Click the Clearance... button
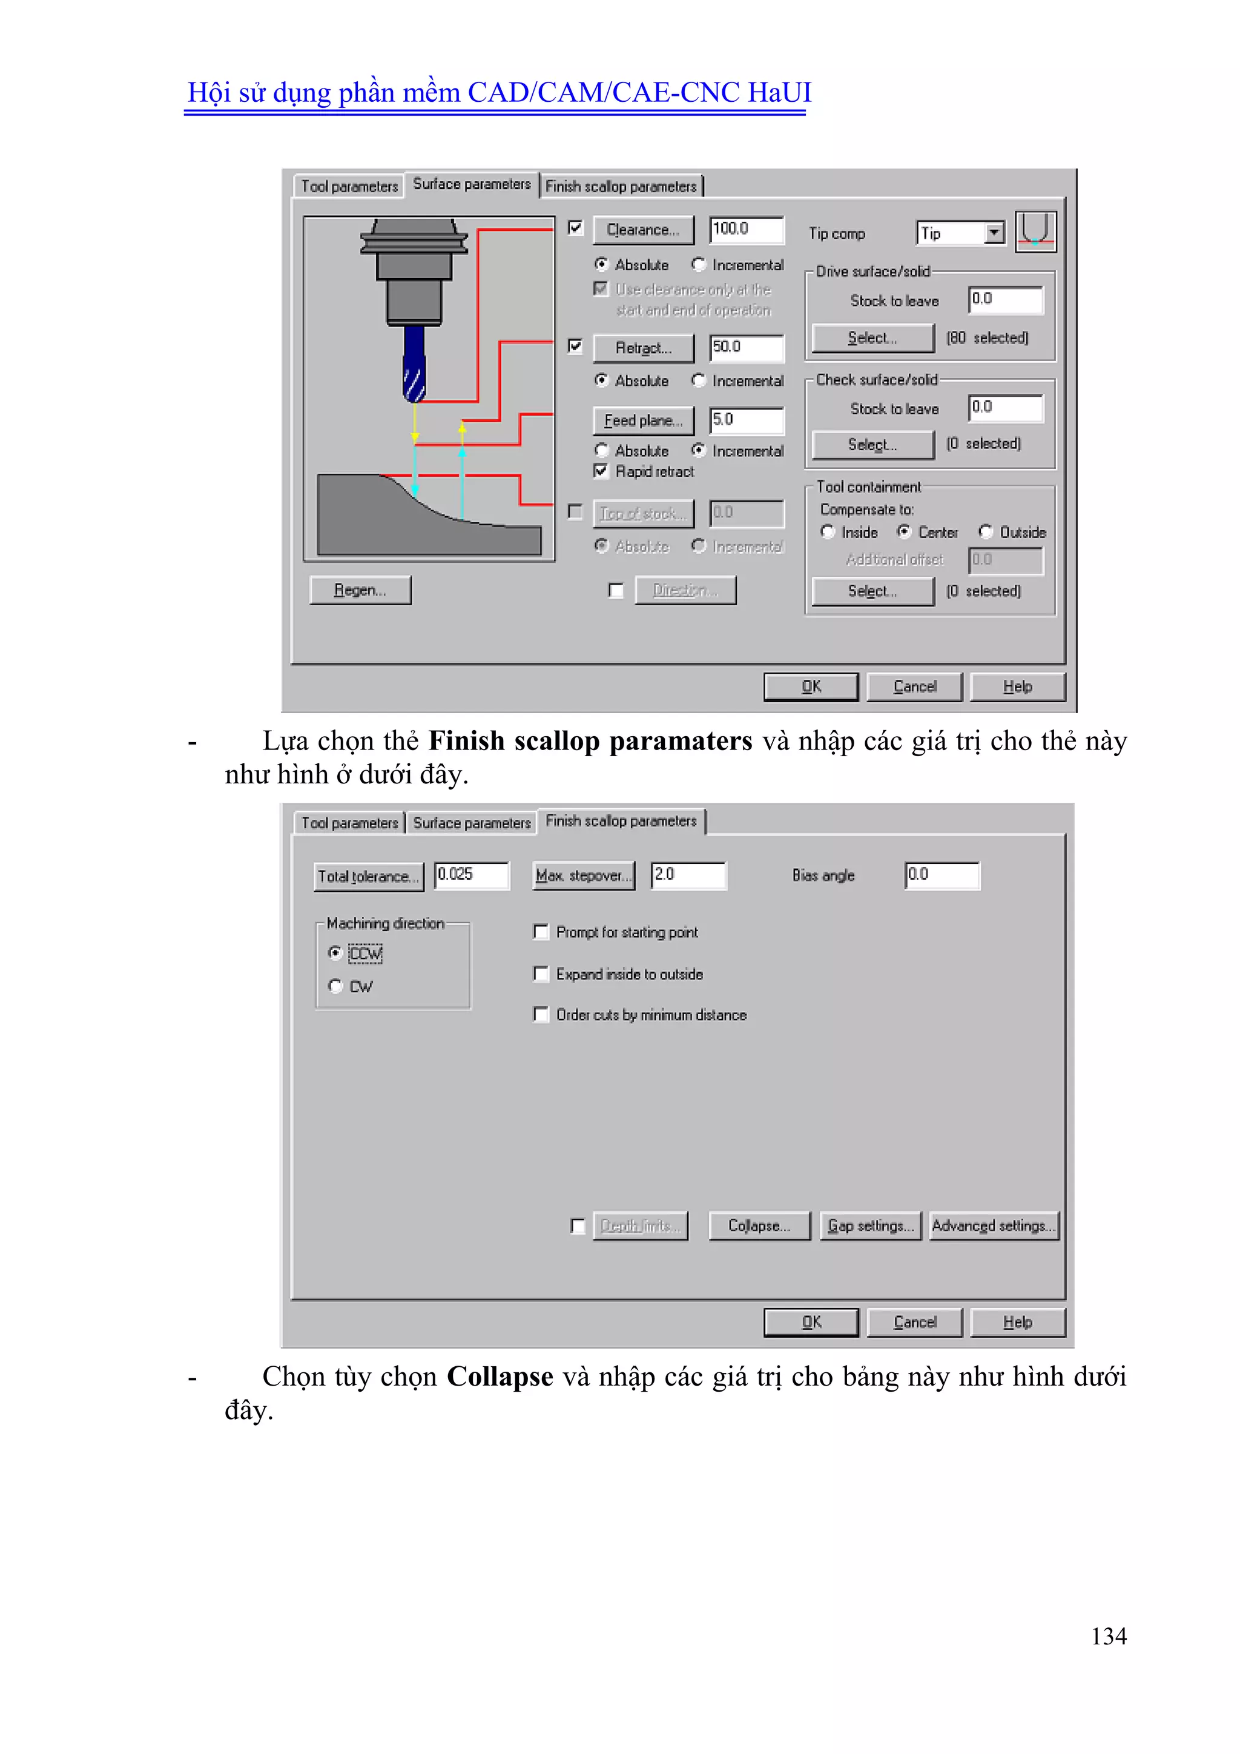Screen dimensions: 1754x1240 (x=643, y=230)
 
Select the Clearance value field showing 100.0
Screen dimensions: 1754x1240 (x=746, y=229)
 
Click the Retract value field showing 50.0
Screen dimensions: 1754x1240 (x=746, y=348)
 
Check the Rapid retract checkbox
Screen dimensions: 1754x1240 (x=601, y=471)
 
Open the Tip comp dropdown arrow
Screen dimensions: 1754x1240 (x=994, y=233)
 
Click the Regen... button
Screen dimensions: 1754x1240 (x=360, y=591)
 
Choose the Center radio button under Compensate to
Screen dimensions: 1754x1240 (x=904, y=532)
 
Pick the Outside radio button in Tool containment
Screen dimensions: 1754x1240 (x=986, y=532)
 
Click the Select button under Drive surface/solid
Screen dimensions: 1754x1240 (x=872, y=337)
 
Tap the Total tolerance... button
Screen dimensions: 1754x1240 (x=368, y=876)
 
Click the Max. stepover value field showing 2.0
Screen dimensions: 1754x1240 (x=688, y=875)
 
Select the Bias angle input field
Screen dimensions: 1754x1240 (x=942, y=875)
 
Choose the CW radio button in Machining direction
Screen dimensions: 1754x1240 (x=335, y=986)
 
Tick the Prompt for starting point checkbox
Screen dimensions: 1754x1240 (x=541, y=932)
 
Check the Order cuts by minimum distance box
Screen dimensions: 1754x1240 (x=541, y=1014)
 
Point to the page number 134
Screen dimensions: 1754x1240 (x=1108, y=1636)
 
